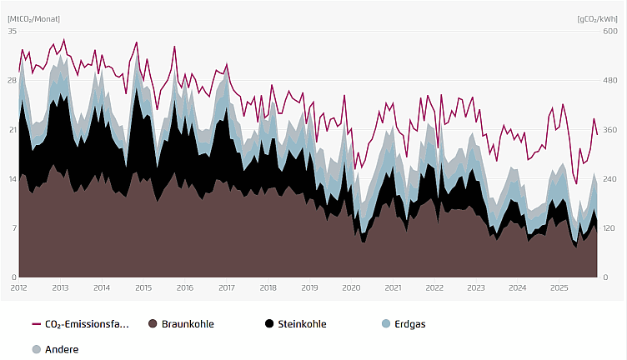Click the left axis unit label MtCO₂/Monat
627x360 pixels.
click(34, 18)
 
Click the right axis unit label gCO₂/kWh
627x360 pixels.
click(596, 18)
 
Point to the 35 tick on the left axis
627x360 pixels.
click(12, 31)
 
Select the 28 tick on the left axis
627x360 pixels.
click(12, 80)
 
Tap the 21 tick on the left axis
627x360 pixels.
click(12, 129)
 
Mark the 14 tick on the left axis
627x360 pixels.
click(12, 178)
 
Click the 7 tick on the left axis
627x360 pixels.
click(13, 227)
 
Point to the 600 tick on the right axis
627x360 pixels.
click(609, 31)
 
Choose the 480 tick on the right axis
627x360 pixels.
click(609, 80)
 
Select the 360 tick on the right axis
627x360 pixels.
click(609, 129)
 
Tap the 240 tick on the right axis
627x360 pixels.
click(609, 178)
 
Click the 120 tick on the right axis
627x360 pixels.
click(609, 227)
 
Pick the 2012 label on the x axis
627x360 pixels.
click(19, 287)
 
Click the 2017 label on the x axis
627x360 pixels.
click(227, 287)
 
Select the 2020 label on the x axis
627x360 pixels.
click(351, 287)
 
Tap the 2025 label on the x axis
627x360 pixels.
click(559, 287)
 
